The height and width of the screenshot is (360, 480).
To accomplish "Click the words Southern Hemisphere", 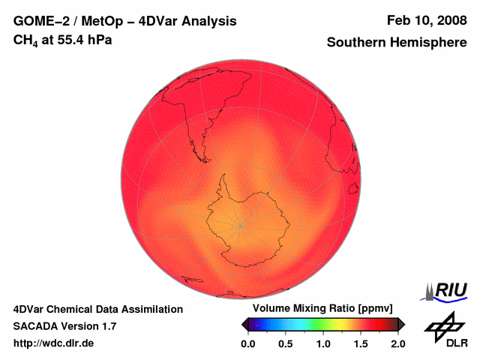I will click(397, 43).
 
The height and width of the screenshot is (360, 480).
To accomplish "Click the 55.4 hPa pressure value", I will click(85, 39).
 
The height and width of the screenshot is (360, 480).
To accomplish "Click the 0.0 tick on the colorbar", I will click(248, 343).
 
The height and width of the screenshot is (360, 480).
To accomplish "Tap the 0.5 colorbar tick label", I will click(286, 343).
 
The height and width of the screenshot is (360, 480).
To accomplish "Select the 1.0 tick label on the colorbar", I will click(323, 343).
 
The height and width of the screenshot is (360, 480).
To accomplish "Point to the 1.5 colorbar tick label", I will click(361, 343).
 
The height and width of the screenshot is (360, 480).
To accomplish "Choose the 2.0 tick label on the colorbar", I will click(397, 343).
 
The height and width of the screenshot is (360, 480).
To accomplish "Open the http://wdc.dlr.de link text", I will click(54, 343).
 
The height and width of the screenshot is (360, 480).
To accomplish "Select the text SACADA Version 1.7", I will click(64, 326).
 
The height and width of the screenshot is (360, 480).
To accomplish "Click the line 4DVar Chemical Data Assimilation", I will click(97, 309).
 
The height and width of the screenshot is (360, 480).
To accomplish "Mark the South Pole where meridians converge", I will click(241, 224).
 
